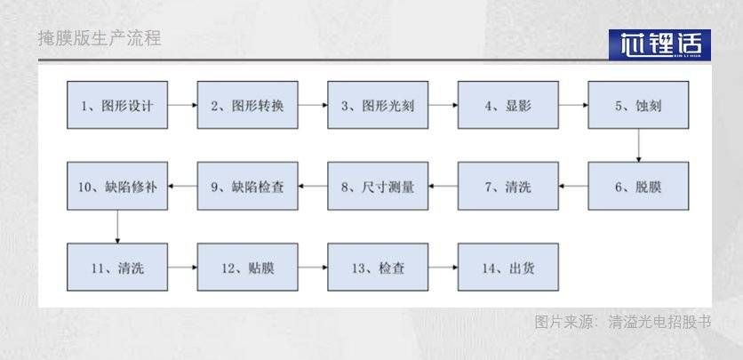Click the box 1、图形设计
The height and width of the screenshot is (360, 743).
pyautogui.click(x=117, y=105)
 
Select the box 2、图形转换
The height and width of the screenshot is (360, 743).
pyautogui.click(x=247, y=105)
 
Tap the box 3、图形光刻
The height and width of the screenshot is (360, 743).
pyautogui.click(x=378, y=105)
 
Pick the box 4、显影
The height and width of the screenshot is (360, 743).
pyautogui.click(x=507, y=105)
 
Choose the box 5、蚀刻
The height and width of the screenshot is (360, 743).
pyautogui.click(x=638, y=105)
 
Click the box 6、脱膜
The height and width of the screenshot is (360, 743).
pyautogui.click(x=638, y=186)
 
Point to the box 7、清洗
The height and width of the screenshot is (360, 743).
pyautogui.click(x=507, y=186)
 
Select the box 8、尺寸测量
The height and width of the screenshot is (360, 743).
pyautogui.click(x=378, y=186)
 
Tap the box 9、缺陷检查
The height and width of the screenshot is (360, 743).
pyautogui.click(x=247, y=186)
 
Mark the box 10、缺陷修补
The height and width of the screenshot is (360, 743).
pyautogui.click(x=117, y=186)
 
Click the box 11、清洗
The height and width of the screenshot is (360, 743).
pyautogui.click(x=117, y=267)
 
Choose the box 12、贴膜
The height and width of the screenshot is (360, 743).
pyautogui.click(x=247, y=267)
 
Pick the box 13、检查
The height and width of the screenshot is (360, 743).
pyautogui.click(x=378, y=267)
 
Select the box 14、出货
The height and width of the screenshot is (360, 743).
pyautogui.click(x=507, y=267)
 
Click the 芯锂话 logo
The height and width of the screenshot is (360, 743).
pyautogui.click(x=659, y=44)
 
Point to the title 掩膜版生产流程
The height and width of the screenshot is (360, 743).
pyautogui.click(x=100, y=39)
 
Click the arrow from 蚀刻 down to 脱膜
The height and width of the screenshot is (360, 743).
pyautogui.click(x=638, y=145)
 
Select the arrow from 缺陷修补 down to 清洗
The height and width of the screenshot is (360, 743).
pyautogui.click(x=117, y=226)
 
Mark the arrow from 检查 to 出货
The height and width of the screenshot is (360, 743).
pyautogui.click(x=443, y=267)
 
